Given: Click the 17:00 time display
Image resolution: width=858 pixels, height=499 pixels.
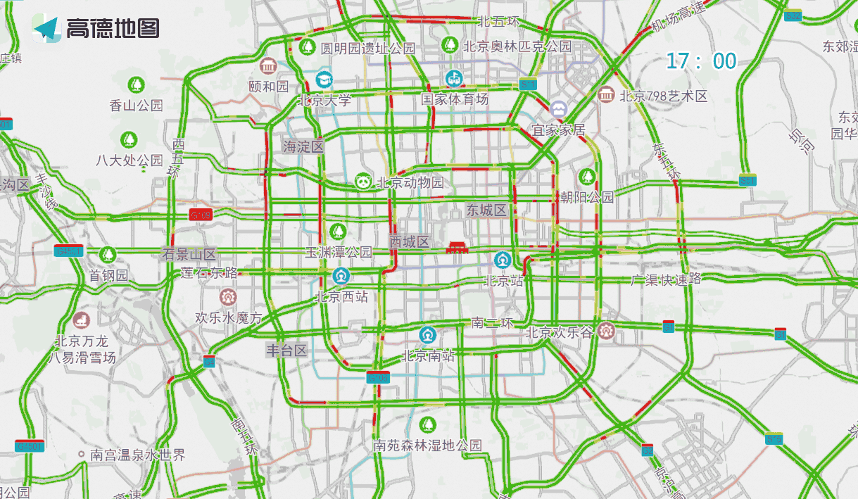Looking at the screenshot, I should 701,61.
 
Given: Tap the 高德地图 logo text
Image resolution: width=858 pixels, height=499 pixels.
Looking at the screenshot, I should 113,28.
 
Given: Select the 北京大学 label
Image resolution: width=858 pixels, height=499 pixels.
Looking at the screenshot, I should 324,100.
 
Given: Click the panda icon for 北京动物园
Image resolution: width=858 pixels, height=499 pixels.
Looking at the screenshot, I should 363,182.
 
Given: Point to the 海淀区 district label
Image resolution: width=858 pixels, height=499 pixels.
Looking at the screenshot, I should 303,147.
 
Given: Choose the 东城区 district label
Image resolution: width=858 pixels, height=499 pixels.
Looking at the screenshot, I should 486,210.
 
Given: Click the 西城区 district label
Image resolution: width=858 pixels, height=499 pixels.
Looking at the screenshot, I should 410,242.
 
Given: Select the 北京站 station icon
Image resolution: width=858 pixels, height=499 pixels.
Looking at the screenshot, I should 503,260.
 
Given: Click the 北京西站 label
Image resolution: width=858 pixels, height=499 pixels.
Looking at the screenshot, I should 341,297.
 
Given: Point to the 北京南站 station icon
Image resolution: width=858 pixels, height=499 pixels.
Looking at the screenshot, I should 427,334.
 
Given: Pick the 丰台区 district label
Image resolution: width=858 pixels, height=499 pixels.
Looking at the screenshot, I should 286,350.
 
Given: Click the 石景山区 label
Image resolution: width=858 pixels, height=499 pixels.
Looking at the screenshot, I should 189,255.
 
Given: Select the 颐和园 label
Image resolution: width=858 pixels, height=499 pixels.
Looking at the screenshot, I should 269,87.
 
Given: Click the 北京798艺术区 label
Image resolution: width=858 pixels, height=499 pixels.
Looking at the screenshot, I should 663,96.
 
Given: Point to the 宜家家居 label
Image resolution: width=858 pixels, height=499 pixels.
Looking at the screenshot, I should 559,130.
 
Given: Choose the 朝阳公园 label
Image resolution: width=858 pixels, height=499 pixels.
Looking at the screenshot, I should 587,197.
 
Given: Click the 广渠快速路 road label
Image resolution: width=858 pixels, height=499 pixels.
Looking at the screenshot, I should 666,279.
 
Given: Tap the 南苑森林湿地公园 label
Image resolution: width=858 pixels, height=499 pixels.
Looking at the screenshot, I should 428,446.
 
